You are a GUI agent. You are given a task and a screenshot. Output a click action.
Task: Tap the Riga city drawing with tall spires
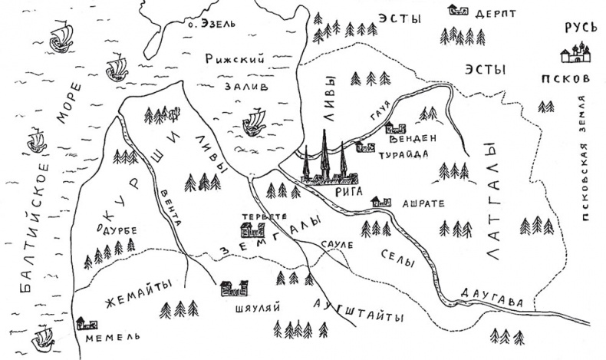click(326, 165)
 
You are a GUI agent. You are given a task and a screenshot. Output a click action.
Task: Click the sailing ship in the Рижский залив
click(254, 121)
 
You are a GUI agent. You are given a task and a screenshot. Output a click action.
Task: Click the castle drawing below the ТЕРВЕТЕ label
click(251, 228)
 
